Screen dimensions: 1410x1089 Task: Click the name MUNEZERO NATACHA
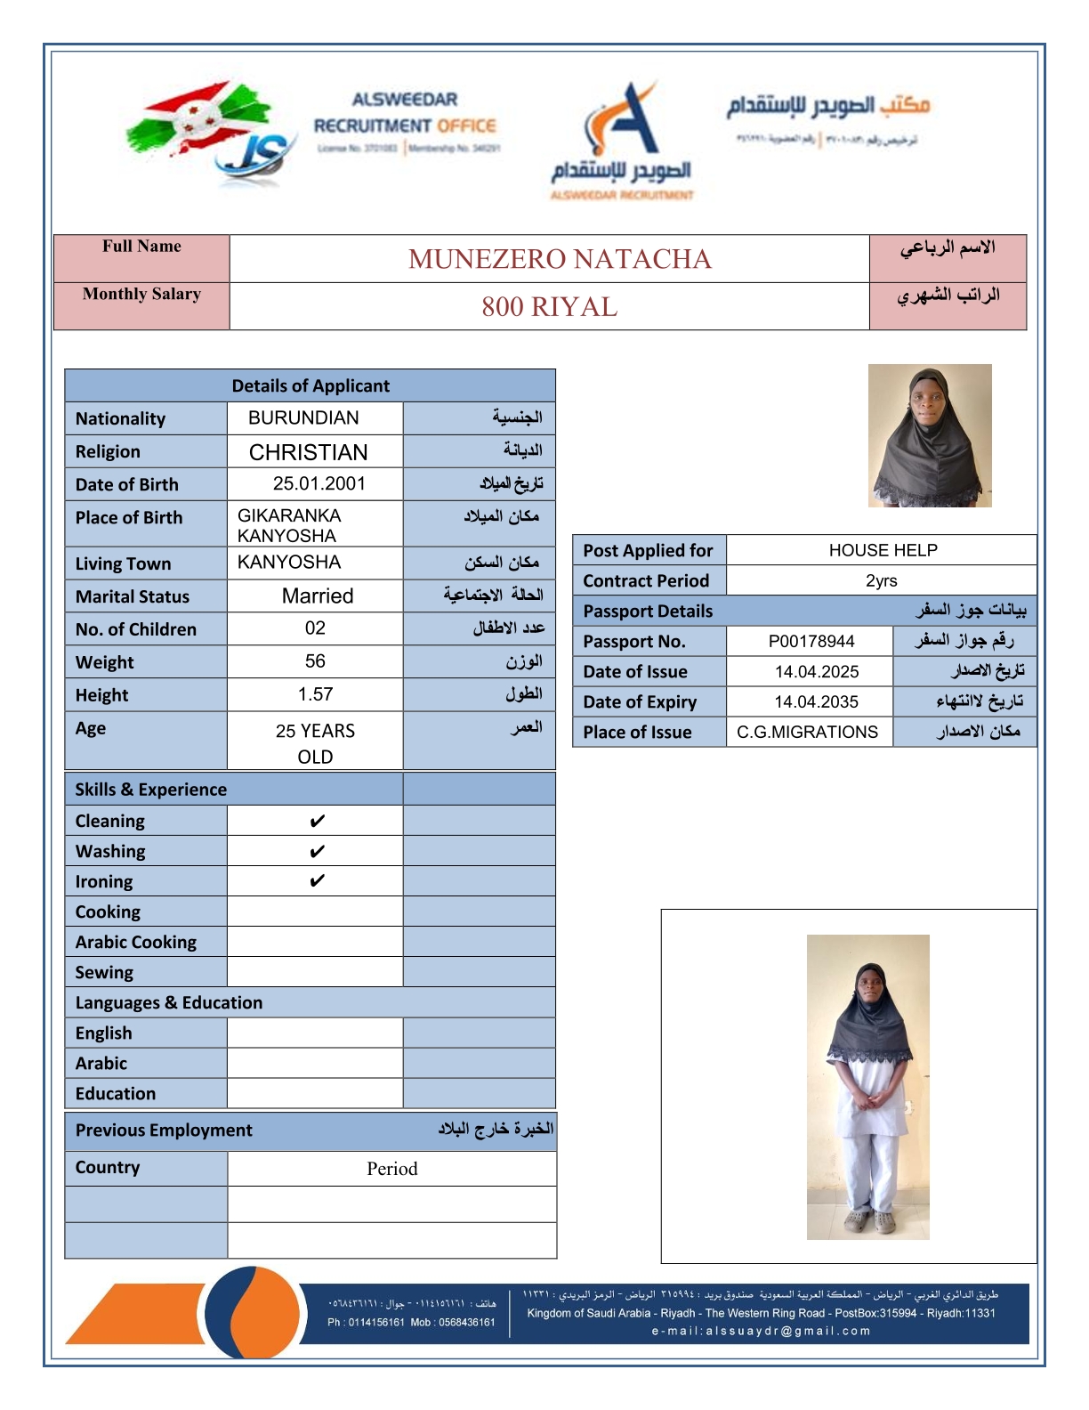tap(560, 259)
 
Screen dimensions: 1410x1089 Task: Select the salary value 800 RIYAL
tap(549, 307)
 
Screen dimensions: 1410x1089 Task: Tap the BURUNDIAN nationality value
tap(303, 417)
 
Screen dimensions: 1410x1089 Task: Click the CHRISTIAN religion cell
tap(308, 452)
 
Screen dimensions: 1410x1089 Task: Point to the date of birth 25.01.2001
tap(319, 483)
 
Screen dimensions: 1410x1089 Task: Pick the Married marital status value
tap(318, 596)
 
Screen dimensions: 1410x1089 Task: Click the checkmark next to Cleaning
tap(317, 821)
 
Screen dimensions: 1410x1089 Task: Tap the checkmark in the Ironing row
tap(317, 881)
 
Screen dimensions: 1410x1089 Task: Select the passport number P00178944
tap(811, 641)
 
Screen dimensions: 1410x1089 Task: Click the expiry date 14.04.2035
tap(816, 701)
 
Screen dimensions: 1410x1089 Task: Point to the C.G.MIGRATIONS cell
tap(807, 732)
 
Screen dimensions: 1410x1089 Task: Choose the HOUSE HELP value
tap(883, 550)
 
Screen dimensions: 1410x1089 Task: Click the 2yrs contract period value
tap(881, 580)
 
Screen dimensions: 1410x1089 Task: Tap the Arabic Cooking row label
tap(136, 942)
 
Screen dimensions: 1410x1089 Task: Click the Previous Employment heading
tap(164, 1130)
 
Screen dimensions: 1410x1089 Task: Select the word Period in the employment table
tap(391, 1169)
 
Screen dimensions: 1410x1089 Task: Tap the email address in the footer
tap(761, 1331)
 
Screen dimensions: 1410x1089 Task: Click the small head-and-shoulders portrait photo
tap(929, 435)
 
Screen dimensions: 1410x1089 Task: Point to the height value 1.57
tap(315, 694)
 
